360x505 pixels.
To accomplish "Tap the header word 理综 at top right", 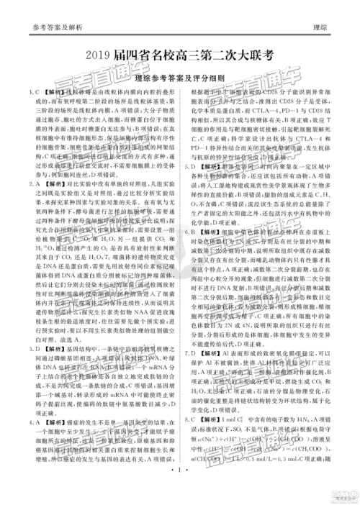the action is pos(324,27).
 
